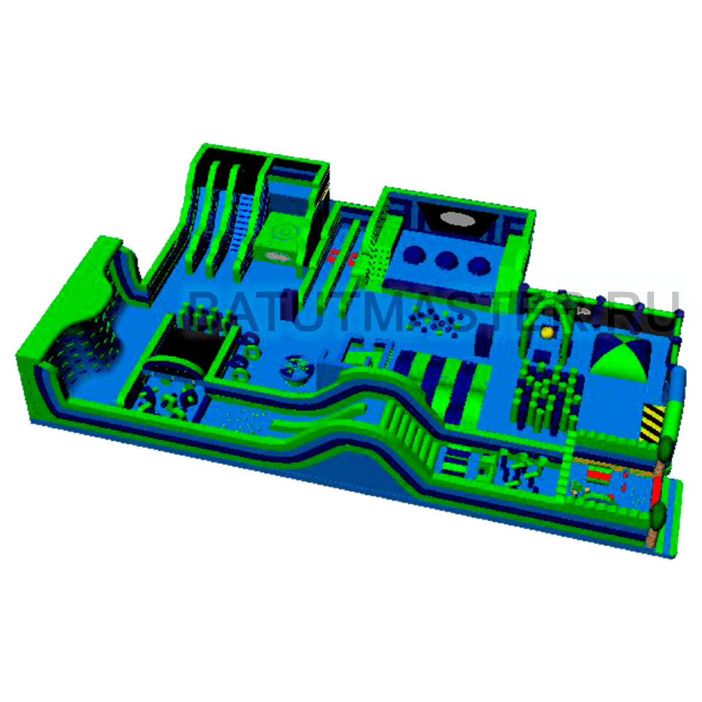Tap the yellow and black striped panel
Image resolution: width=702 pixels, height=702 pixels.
coord(653,422)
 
